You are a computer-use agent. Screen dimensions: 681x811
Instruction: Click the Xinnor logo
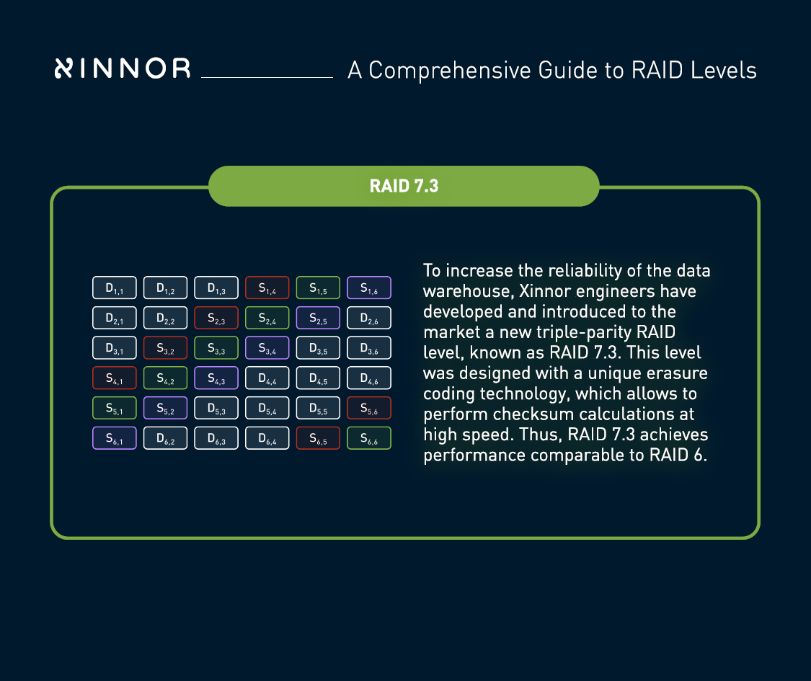(x=123, y=68)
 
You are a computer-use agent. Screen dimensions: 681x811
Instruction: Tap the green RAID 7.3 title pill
(x=404, y=186)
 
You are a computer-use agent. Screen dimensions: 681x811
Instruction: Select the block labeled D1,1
(x=115, y=288)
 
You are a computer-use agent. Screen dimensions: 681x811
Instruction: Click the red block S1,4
(x=267, y=288)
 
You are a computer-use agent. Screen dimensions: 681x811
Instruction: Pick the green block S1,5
(x=318, y=288)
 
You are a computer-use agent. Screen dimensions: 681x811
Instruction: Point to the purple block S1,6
(x=369, y=288)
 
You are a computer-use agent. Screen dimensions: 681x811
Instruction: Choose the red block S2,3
(x=216, y=318)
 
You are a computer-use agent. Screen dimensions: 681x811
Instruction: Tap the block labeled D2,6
(x=369, y=318)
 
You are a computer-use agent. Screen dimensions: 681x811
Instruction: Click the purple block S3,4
(x=267, y=348)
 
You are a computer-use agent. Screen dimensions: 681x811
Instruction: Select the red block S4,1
(x=115, y=378)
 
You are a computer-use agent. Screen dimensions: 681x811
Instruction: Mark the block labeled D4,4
(x=267, y=378)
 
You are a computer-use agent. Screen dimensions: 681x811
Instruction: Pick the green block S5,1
(x=115, y=408)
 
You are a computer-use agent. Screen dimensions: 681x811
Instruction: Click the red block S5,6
(x=369, y=408)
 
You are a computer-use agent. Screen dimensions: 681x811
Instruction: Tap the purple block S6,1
(x=115, y=438)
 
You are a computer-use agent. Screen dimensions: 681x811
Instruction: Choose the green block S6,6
(x=369, y=438)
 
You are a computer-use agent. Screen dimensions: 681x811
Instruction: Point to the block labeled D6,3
(x=216, y=438)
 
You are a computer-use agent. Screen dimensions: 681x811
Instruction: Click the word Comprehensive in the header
(x=450, y=71)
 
